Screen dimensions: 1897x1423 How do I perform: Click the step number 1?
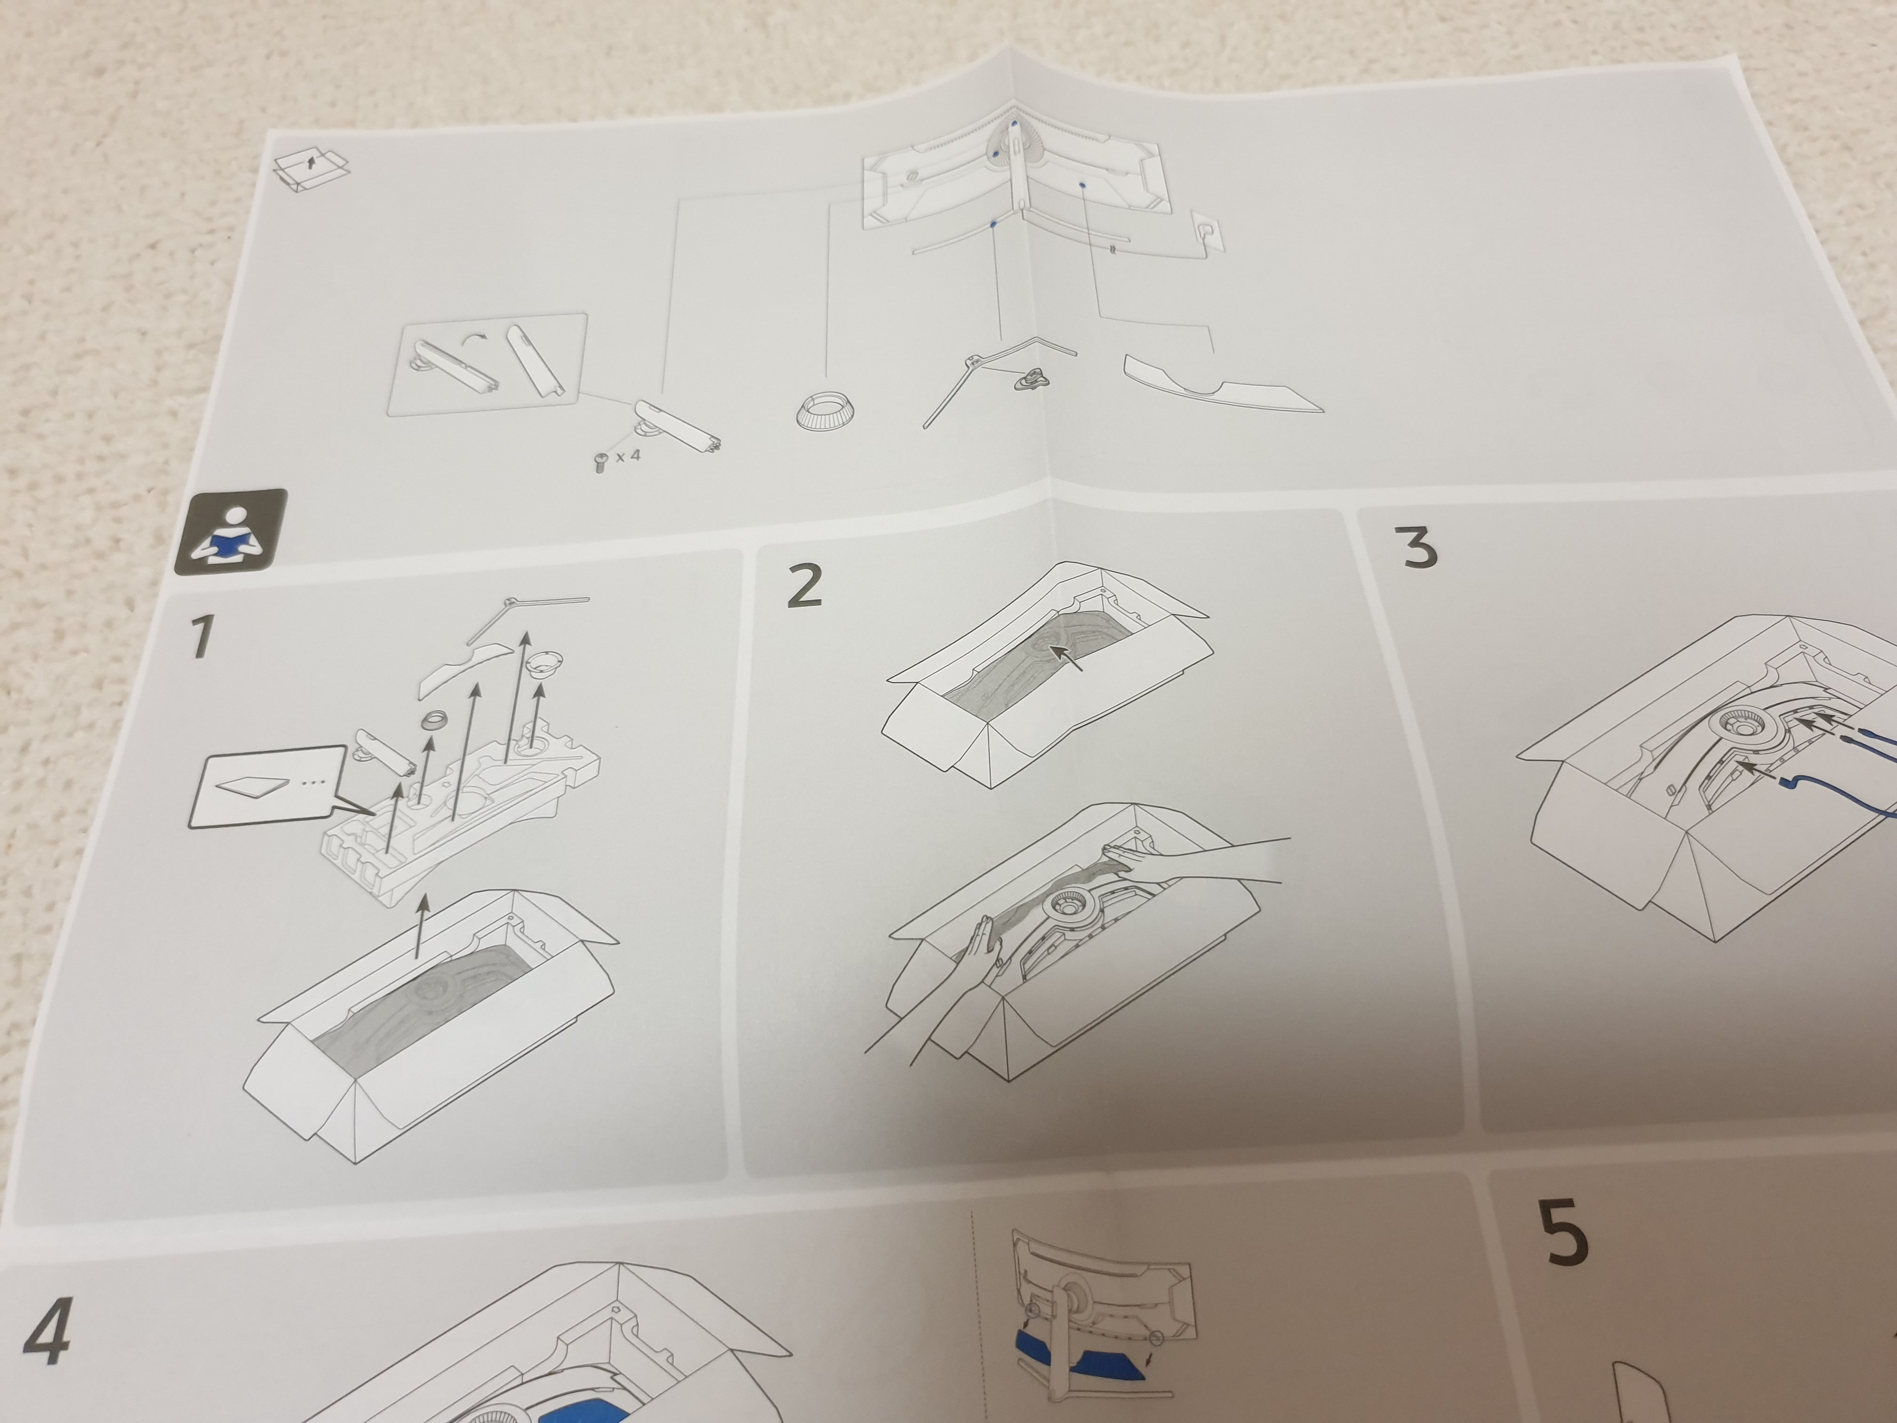pyautogui.click(x=201, y=637)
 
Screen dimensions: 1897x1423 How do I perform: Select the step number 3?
pyautogui.click(x=1419, y=547)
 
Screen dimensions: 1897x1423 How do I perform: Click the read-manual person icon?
pyautogui.click(x=231, y=532)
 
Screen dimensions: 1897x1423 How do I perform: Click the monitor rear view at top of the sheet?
pyautogui.click(x=1016, y=172)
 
